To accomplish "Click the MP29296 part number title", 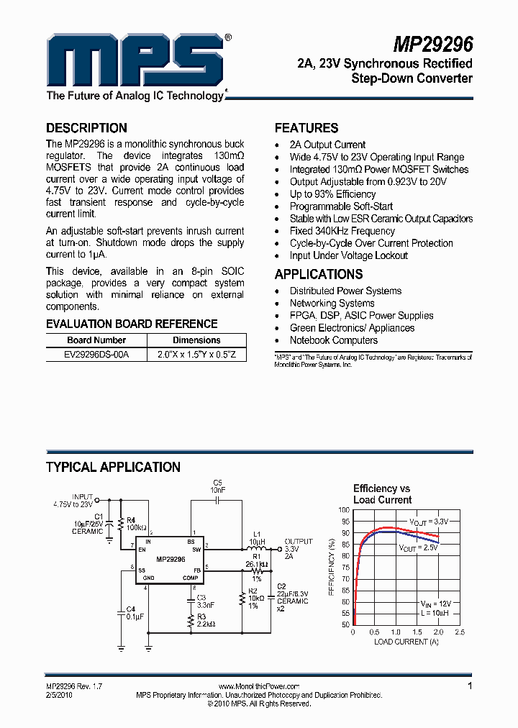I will click(432, 45).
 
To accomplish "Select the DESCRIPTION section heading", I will click(86, 128).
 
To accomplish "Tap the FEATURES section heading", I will click(306, 128).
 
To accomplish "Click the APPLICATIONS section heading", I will click(319, 274).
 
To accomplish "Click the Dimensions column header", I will click(196, 340).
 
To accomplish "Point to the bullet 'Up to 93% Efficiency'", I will click(332, 194).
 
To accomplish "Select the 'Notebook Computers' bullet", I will click(333, 340).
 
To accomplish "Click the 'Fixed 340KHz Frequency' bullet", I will click(342, 231).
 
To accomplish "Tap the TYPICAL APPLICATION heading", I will click(113, 468).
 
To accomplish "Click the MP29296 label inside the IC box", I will click(171, 559).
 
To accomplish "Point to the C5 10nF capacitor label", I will click(218, 486).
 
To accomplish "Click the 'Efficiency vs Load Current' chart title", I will click(382, 494).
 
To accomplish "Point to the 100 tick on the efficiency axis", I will click(345, 509).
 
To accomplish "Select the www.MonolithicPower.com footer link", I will click(258, 687).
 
